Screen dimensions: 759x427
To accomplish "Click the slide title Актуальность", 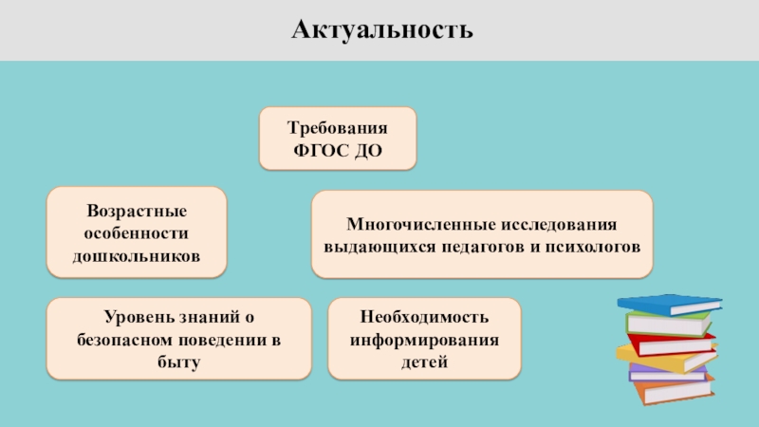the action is (x=379, y=30).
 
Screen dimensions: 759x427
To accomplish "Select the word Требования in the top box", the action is (x=338, y=128).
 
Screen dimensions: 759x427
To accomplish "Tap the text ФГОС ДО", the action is (x=338, y=150).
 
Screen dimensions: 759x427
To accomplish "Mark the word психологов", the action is (x=595, y=247).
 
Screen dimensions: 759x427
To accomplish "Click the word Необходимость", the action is (x=423, y=316).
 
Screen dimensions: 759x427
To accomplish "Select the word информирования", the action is (x=423, y=339).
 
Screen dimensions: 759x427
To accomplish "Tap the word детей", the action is (x=423, y=362).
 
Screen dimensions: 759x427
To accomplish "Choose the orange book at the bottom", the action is (x=670, y=388).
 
